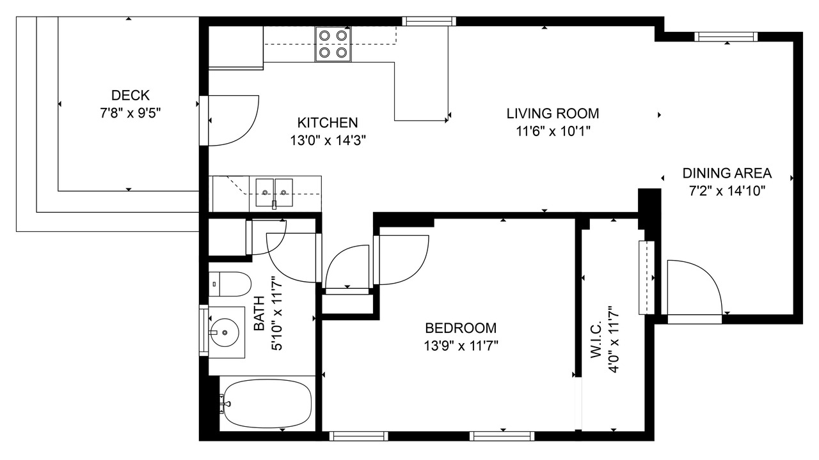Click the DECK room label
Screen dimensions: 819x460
pos(130,95)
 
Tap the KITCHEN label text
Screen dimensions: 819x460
pos(327,123)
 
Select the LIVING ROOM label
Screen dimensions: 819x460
pos(553,114)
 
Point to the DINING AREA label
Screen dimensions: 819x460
pos(727,173)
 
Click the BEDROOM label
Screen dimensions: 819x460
pos(461,328)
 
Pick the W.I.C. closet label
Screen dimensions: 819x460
pos(596,339)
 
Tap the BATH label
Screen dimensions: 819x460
pos(259,313)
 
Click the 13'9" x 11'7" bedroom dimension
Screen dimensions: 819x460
pos(461,346)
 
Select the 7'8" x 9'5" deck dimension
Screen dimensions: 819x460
pos(131,113)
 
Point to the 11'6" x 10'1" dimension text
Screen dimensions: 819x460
pos(553,131)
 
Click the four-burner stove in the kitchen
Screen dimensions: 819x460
pos(333,44)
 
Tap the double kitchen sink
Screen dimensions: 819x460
pos(274,193)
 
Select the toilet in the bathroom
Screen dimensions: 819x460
pos(230,284)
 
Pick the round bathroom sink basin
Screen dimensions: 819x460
pos(224,332)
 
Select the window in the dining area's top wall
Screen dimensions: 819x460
pos(726,36)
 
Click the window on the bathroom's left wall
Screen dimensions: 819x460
pos(203,330)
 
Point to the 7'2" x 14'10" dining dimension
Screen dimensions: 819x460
pos(728,190)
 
